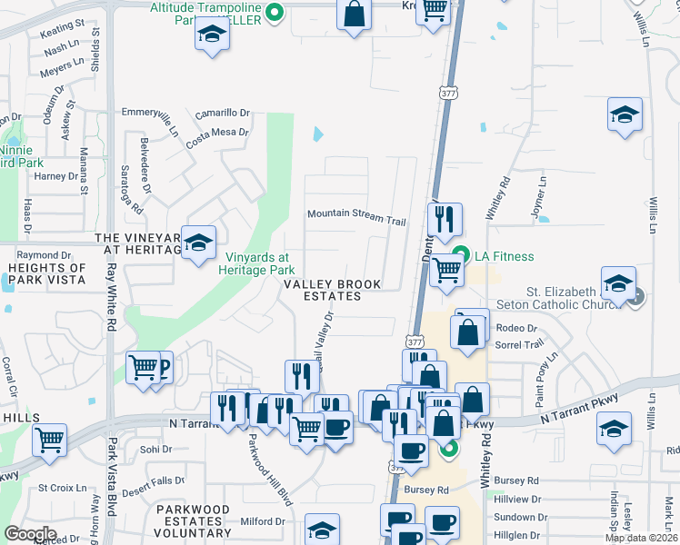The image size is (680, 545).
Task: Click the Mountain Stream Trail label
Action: point(355,214)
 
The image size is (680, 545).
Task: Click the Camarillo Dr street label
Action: point(222,113)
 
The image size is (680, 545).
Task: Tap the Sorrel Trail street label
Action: point(519,344)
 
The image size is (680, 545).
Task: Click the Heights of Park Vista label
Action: point(46,273)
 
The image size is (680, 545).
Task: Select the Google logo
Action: point(31,533)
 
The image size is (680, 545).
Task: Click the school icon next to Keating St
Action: point(213,35)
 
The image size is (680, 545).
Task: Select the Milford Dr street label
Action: point(263,521)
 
